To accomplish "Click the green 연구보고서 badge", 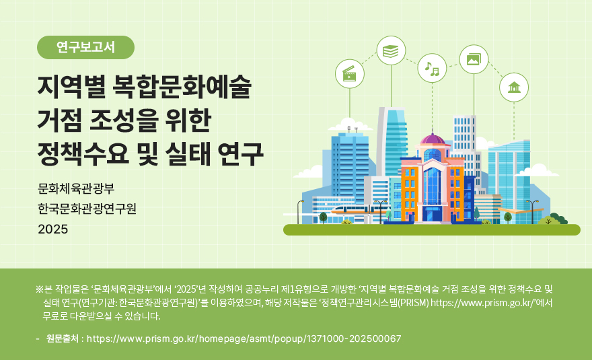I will (x=86, y=47).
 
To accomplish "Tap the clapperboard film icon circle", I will (x=349, y=73).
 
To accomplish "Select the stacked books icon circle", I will (x=391, y=50).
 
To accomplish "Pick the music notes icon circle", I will (x=432, y=67).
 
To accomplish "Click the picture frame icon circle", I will (x=474, y=59).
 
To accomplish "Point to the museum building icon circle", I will (x=514, y=87).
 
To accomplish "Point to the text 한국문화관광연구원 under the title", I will (x=87, y=208).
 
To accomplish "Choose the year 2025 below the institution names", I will (x=53, y=229).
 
